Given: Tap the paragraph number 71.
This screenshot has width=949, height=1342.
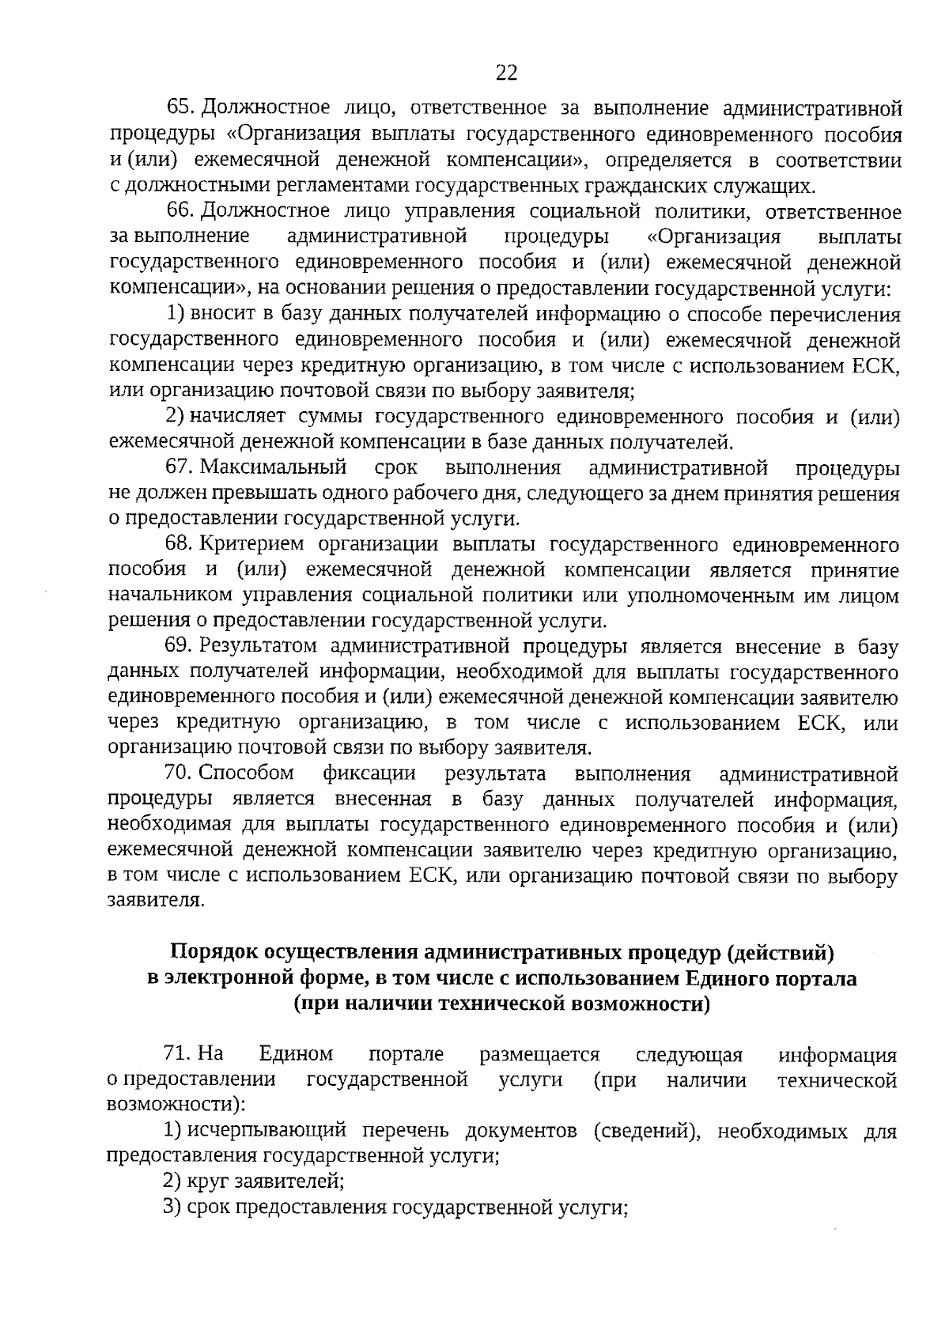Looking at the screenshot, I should tap(177, 1055).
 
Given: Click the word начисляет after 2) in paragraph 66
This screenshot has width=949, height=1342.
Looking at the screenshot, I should tap(238, 417).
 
